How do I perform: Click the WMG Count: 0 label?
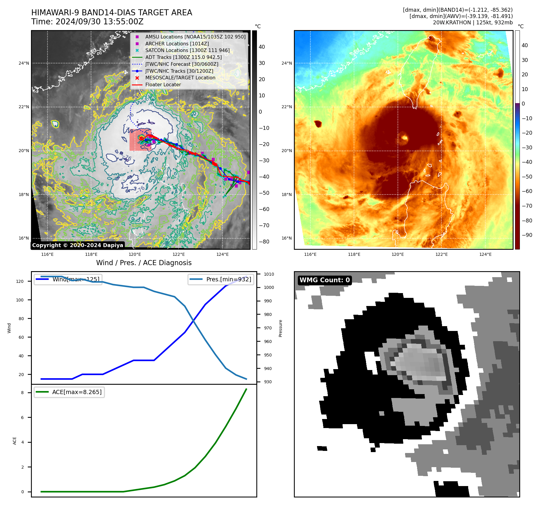pyautogui.click(x=325, y=280)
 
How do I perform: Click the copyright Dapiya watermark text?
pyautogui.click(x=78, y=245)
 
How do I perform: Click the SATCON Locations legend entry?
pyautogui.click(x=187, y=50)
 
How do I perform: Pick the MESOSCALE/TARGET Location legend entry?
pyautogui.click(x=180, y=78)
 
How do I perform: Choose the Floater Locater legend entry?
pyautogui.click(x=163, y=85)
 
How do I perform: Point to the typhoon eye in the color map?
pyautogui.click(x=404, y=138)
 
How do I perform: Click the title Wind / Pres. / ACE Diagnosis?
pyautogui.click(x=144, y=263)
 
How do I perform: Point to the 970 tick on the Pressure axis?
pyautogui.click(x=267, y=328)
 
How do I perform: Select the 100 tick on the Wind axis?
pyautogui.click(x=20, y=300)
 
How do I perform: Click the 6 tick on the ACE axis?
pyautogui.click(x=22, y=418)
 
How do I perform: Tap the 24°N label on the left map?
pyautogui.click(x=24, y=63)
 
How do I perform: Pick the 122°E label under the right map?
pyautogui.click(x=441, y=255)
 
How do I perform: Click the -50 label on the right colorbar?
pyautogui.click(x=526, y=177)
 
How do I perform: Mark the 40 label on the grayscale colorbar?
pyautogui.click(x=262, y=47)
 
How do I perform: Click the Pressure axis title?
pyautogui.click(x=280, y=328)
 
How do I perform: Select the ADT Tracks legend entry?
pyautogui.click(x=183, y=57)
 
